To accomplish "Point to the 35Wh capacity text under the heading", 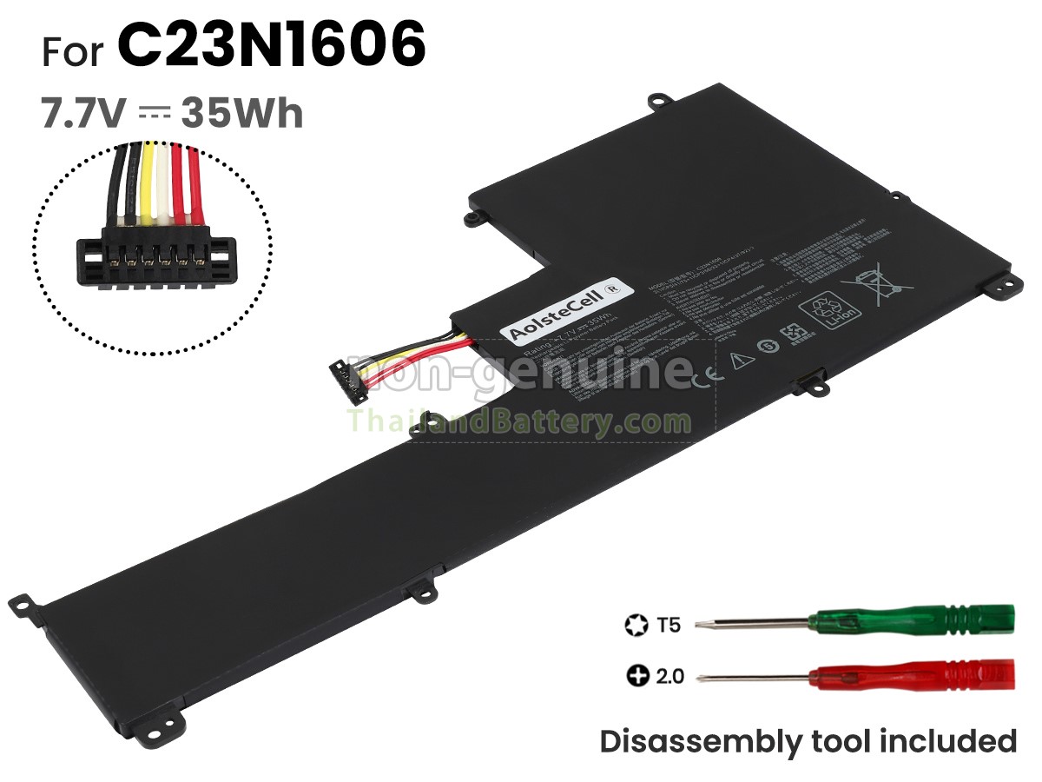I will click(x=242, y=113).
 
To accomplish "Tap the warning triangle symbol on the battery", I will click(x=741, y=359).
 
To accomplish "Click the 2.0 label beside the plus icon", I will click(x=669, y=675).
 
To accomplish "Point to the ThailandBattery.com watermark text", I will click(x=519, y=422).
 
